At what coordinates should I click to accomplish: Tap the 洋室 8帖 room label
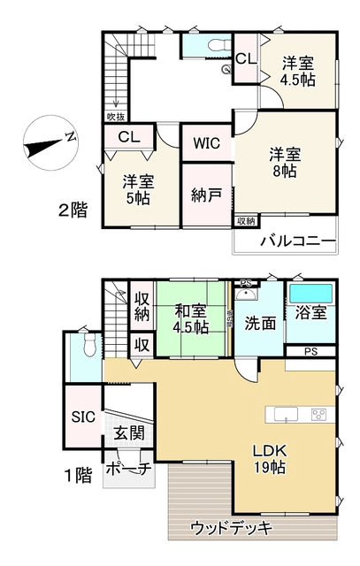(x=285, y=163)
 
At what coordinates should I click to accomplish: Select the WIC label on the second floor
(x=207, y=142)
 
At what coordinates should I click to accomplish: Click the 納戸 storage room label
(x=205, y=195)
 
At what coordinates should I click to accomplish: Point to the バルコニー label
(x=297, y=241)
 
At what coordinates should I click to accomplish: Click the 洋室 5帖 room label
(x=139, y=190)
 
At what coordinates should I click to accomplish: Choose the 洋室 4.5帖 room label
(x=297, y=71)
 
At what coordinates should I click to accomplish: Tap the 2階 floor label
(x=73, y=210)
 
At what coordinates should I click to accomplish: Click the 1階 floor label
(x=79, y=475)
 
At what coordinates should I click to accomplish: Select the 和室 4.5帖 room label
(x=190, y=319)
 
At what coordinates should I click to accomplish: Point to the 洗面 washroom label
(x=261, y=324)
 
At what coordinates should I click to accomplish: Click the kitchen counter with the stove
(x=302, y=414)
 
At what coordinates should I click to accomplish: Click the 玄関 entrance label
(x=127, y=434)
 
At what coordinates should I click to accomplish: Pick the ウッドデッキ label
(x=231, y=528)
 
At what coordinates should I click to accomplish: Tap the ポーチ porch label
(x=127, y=468)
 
